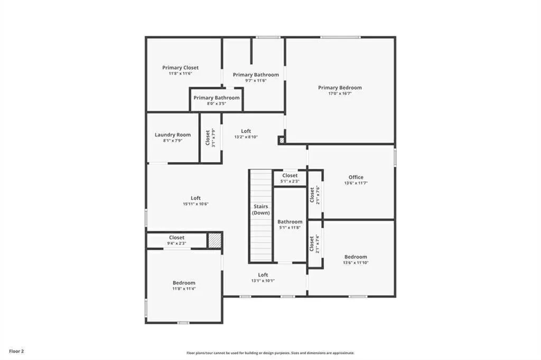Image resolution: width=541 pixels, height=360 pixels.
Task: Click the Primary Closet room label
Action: [180, 68]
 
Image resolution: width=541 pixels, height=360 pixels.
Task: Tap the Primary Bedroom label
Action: [340, 88]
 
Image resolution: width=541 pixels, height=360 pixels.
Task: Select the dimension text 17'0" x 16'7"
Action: [340, 93]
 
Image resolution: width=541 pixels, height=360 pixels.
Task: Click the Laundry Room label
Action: [173, 135]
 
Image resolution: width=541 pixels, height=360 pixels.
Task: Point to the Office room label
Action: [356, 177]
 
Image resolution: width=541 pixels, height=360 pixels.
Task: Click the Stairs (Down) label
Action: [260, 210]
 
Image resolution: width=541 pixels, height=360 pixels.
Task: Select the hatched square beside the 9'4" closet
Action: [214, 240]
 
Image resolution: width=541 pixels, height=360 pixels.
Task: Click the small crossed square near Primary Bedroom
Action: [282, 140]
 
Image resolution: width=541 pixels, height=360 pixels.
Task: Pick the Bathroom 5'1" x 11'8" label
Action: [290, 222]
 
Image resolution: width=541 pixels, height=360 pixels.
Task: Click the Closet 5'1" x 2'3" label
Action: [290, 176]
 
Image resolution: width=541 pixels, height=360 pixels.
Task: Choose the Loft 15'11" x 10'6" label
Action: [195, 198]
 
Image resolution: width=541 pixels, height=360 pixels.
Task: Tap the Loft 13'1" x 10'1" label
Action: [263, 275]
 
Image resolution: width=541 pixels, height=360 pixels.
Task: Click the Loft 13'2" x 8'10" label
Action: [246, 131]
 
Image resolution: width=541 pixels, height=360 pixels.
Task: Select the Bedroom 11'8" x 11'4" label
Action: [183, 283]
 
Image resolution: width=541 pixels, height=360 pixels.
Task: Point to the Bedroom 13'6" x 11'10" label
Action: [356, 257]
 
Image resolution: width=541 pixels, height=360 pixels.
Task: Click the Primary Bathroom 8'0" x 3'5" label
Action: [216, 98]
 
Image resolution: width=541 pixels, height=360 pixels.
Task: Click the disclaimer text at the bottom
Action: [270, 353]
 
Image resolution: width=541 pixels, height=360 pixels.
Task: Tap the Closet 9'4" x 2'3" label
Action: [176, 238]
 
